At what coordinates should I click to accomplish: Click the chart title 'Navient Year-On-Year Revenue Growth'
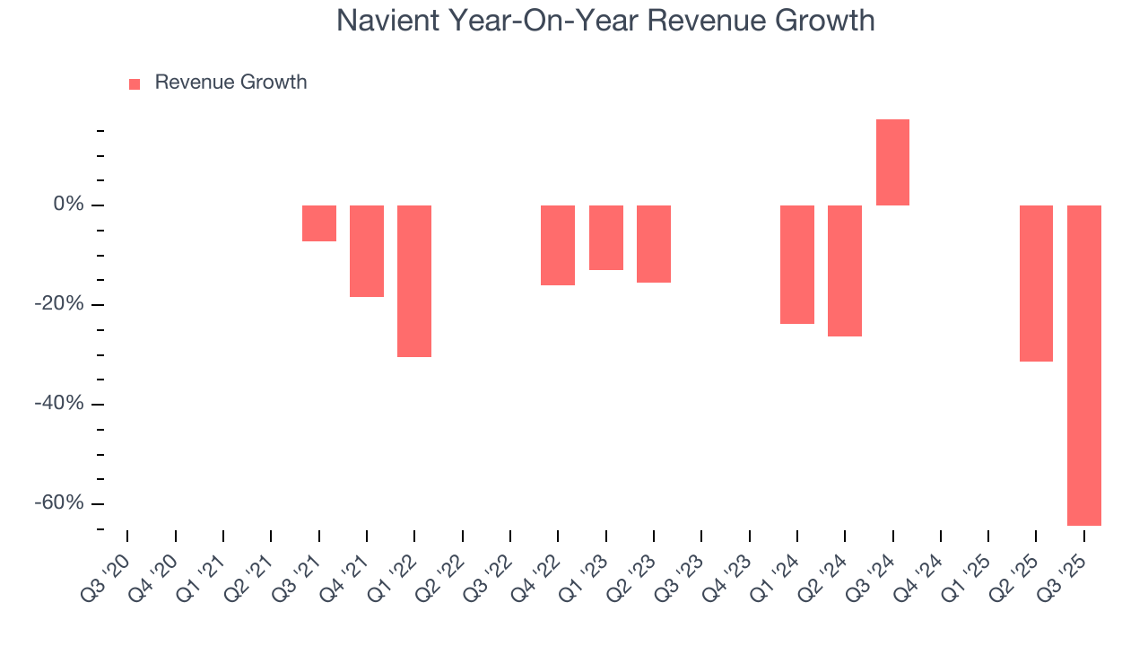pyautogui.click(x=605, y=20)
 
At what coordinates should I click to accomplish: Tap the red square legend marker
pyautogui.click(x=135, y=83)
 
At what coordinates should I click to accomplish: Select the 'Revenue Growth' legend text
pyautogui.click(x=230, y=83)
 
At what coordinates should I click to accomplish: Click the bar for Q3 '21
pyautogui.click(x=318, y=223)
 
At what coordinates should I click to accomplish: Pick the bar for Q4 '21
pyautogui.click(x=367, y=251)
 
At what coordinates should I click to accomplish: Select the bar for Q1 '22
pyautogui.click(x=414, y=281)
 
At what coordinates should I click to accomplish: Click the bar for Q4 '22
pyautogui.click(x=558, y=245)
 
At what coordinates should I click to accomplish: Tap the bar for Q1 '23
pyautogui.click(x=606, y=238)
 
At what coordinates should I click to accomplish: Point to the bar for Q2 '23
pyautogui.click(x=654, y=244)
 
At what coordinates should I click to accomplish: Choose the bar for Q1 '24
pyautogui.click(x=797, y=265)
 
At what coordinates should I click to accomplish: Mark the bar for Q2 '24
pyautogui.click(x=845, y=271)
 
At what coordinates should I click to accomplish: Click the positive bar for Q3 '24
pyautogui.click(x=892, y=162)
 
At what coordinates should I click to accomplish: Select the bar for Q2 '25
pyautogui.click(x=1036, y=284)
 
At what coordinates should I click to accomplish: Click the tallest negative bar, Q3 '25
pyautogui.click(x=1083, y=365)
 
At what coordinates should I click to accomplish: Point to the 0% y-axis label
pyautogui.click(x=69, y=205)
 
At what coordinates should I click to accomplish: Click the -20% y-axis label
pyautogui.click(x=60, y=304)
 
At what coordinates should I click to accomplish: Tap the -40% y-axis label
pyautogui.click(x=60, y=404)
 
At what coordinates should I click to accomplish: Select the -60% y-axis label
pyautogui.click(x=60, y=502)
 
